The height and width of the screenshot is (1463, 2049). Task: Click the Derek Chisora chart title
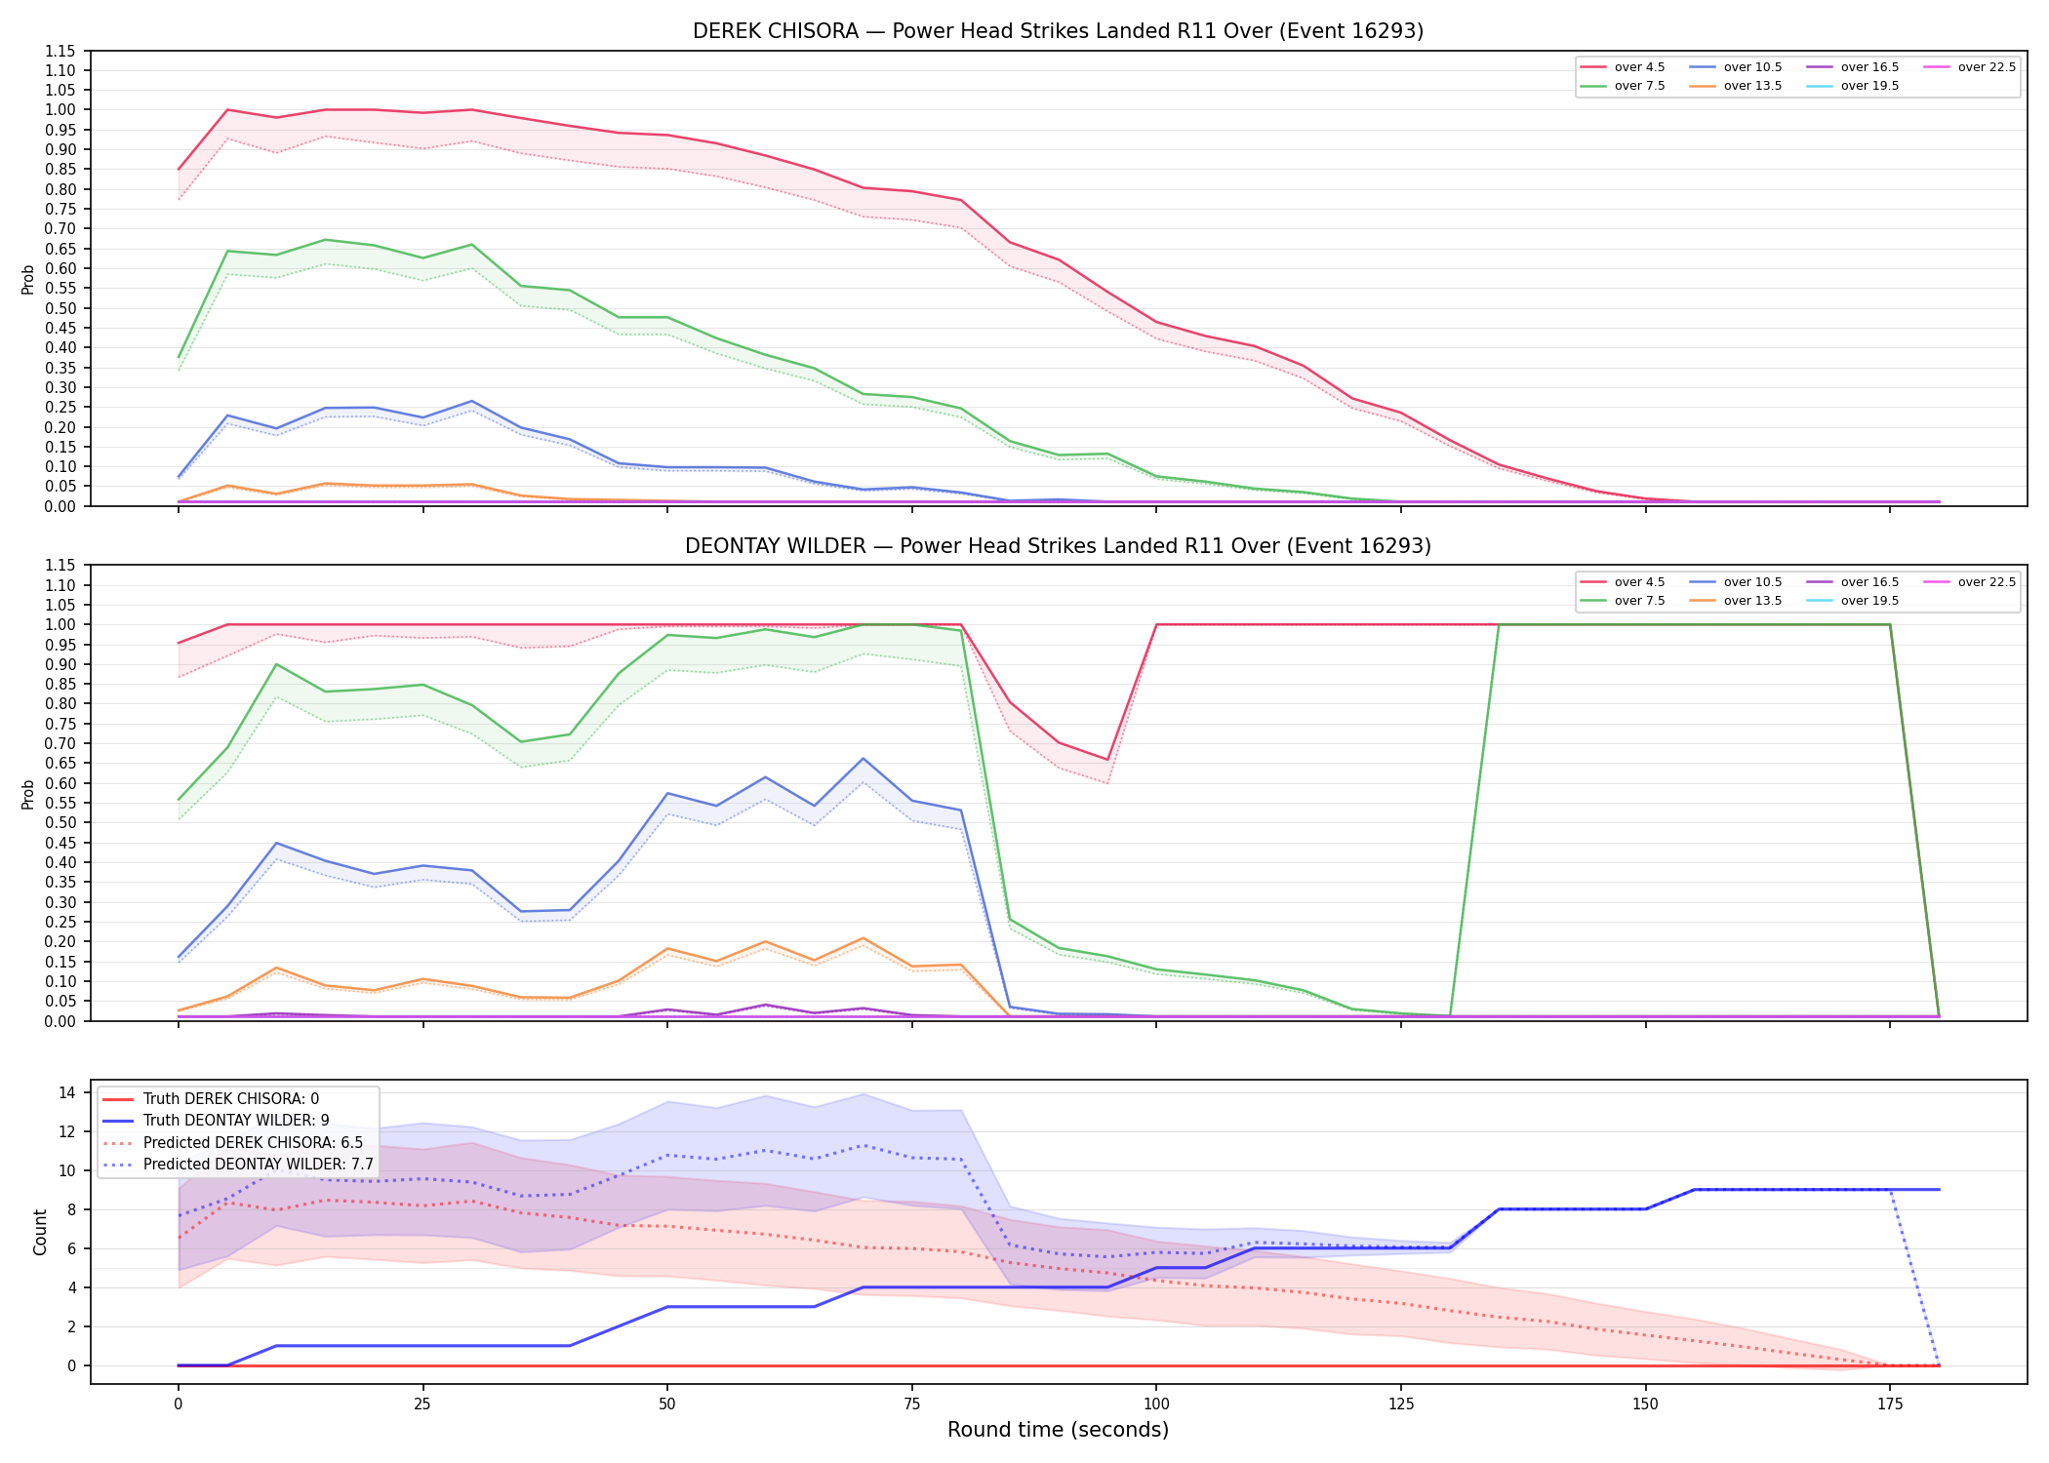[x=1058, y=31]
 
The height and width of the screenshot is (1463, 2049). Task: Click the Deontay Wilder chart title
[x=1058, y=546]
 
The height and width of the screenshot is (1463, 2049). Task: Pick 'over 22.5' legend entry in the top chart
[x=1970, y=67]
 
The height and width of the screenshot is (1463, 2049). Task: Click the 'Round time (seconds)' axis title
[x=1058, y=1430]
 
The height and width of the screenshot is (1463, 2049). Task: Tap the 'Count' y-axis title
[x=40, y=1232]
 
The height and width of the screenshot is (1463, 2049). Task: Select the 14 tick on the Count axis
[x=67, y=1092]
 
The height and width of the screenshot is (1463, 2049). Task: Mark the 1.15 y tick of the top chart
[x=60, y=51]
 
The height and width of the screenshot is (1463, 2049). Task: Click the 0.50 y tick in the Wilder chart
[x=60, y=822]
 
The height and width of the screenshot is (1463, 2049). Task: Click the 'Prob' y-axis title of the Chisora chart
[x=27, y=279]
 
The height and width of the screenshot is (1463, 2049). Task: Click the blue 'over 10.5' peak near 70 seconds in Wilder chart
[x=863, y=759]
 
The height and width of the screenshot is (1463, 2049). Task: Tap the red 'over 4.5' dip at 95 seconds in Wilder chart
[x=1107, y=760]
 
